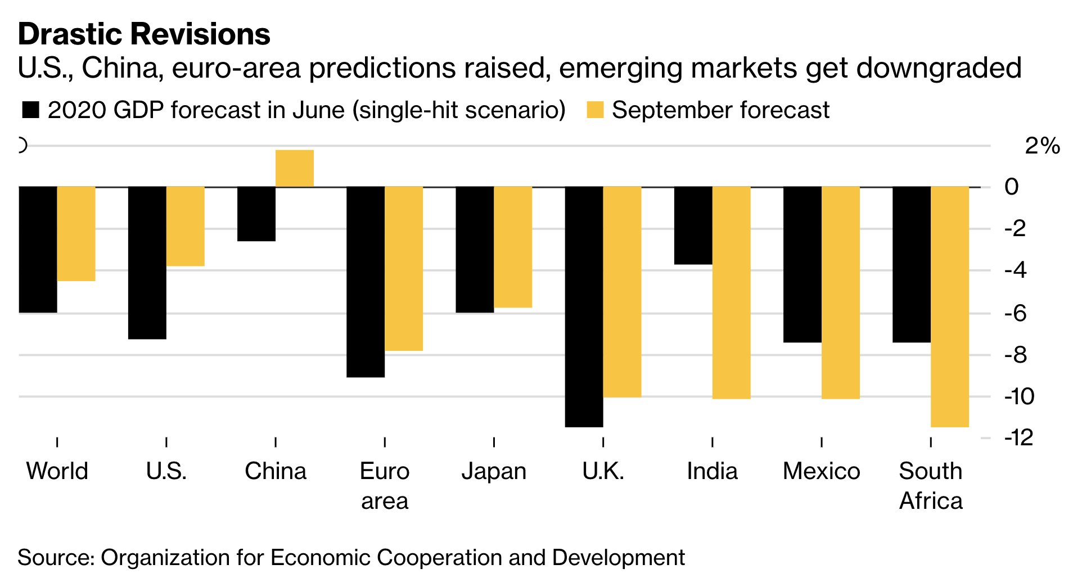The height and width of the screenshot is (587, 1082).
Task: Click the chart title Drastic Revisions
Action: (x=144, y=34)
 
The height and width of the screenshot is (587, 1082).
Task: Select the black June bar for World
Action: (x=38, y=249)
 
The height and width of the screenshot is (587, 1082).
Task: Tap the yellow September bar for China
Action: (x=294, y=168)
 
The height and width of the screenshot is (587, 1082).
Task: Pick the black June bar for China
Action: (x=256, y=214)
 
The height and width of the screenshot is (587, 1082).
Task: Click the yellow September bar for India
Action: (x=731, y=292)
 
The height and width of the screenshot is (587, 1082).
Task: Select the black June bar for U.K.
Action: (x=584, y=306)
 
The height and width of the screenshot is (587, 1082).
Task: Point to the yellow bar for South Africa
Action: (x=949, y=306)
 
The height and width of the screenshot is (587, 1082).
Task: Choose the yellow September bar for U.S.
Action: (x=185, y=226)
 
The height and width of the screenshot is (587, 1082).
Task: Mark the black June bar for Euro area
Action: (x=366, y=281)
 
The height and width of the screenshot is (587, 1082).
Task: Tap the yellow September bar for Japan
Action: (x=512, y=247)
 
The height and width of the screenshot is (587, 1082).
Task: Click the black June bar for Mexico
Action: (x=802, y=264)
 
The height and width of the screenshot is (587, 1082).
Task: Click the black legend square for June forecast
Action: (x=30, y=110)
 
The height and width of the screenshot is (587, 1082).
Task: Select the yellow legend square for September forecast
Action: (x=595, y=110)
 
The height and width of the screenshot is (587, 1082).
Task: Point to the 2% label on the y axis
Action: (x=1042, y=146)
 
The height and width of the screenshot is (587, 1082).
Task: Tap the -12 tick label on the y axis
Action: (x=1018, y=437)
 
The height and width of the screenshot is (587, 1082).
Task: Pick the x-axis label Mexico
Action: (x=821, y=471)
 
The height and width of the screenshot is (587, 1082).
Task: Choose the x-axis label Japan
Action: (x=494, y=471)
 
